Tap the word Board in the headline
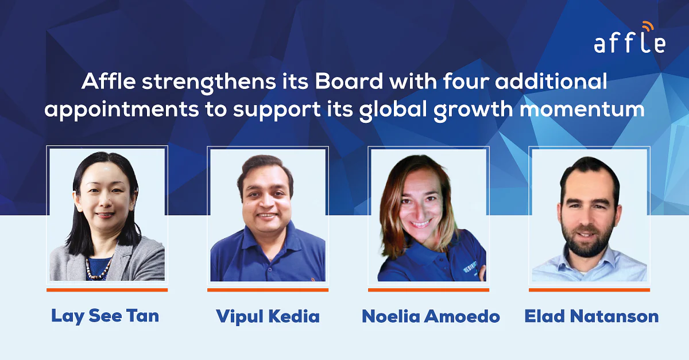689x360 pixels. click(349, 81)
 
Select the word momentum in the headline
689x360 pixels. click(582, 110)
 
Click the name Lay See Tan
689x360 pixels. click(105, 316)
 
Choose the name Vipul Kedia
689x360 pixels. click(268, 316)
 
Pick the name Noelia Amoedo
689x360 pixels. click(431, 316)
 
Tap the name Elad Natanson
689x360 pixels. click(591, 316)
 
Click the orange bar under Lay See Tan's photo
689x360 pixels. click(107, 290)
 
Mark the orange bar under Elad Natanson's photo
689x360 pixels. click(589, 290)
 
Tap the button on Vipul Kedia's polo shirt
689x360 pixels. click(269, 270)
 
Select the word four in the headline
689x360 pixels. click(466, 81)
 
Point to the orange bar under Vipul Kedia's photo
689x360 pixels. click(268, 290)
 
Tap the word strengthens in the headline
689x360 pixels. click(209, 83)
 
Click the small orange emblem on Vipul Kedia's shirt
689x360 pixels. click(313, 279)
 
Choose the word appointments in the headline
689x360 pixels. click(122, 110)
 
